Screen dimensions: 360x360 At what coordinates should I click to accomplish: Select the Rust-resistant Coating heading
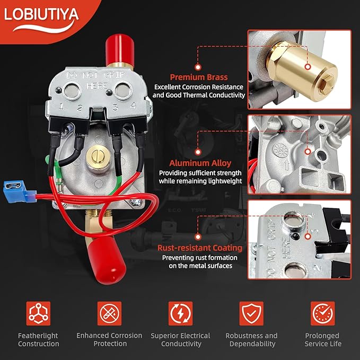(200, 248)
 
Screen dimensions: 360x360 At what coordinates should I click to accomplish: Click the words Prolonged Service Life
(323, 340)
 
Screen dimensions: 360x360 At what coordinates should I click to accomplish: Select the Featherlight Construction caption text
(38, 340)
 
